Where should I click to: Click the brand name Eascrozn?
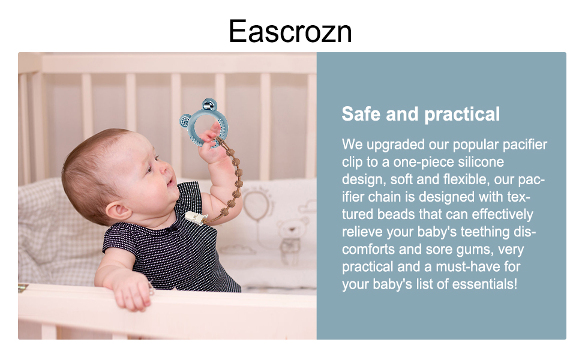coord(290,31)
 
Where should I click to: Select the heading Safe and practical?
coord(421,114)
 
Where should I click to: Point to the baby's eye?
coord(155,158)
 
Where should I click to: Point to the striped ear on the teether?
coord(209,106)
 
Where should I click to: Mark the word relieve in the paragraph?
coord(362,232)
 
